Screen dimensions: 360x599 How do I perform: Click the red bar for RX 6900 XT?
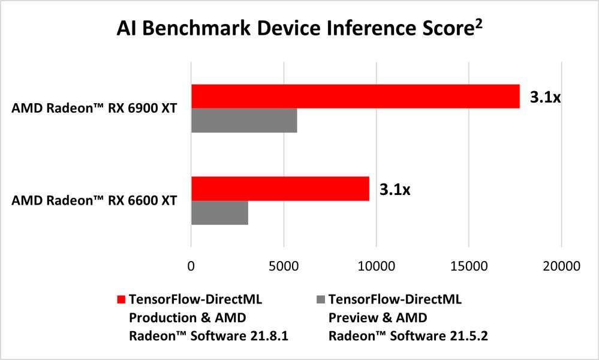355,97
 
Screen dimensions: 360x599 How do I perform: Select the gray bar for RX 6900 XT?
244,121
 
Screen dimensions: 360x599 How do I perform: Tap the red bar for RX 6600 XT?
280,189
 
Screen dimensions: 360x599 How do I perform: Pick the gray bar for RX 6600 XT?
219,213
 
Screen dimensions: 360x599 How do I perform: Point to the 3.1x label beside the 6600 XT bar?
395,190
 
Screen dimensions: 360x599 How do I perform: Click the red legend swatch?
120,299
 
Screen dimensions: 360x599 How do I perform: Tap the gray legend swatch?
320,299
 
